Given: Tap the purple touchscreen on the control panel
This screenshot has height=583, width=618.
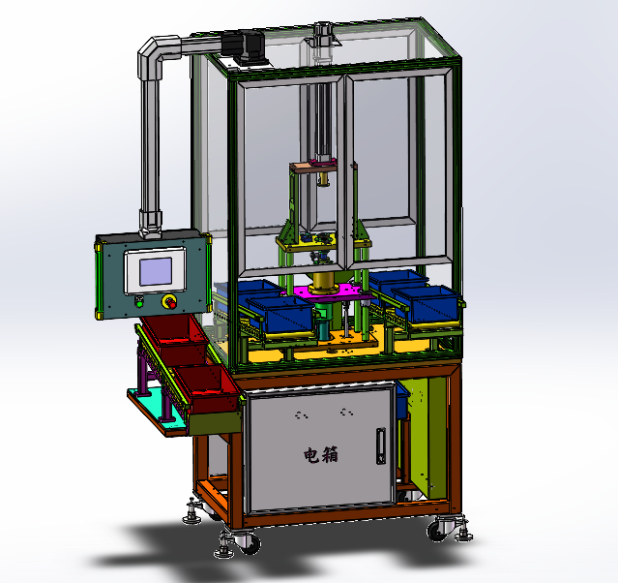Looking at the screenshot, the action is (x=156, y=271).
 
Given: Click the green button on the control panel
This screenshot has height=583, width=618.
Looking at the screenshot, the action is (x=138, y=302).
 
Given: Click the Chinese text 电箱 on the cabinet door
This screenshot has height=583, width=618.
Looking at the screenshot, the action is (x=321, y=455).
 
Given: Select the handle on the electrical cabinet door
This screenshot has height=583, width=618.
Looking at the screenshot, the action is (x=381, y=445).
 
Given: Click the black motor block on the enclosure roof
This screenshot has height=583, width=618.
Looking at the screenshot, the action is (x=245, y=46).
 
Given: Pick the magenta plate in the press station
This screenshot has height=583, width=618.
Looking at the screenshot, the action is (x=331, y=293).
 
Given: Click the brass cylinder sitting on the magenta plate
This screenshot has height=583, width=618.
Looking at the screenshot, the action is (x=323, y=282).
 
